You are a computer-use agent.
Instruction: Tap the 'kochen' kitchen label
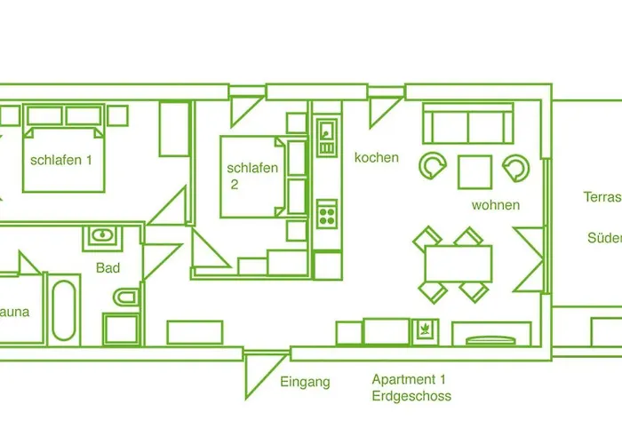tap(377, 158)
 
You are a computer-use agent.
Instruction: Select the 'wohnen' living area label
tap(496, 205)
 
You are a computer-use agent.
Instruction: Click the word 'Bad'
tap(108, 267)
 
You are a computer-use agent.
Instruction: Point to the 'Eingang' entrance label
tap(305, 382)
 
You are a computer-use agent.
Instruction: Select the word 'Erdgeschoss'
tap(411, 396)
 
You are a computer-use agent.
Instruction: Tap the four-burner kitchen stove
tap(327, 214)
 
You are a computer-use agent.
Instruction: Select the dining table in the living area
tap(459, 264)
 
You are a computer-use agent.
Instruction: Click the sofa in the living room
tap(467, 123)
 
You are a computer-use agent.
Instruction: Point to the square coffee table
tap(475, 171)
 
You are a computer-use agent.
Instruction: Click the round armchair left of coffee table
tap(435, 165)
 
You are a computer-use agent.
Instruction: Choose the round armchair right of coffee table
tap(516, 165)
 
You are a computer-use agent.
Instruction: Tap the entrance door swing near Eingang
tap(258, 373)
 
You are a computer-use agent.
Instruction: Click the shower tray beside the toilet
tap(121, 329)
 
